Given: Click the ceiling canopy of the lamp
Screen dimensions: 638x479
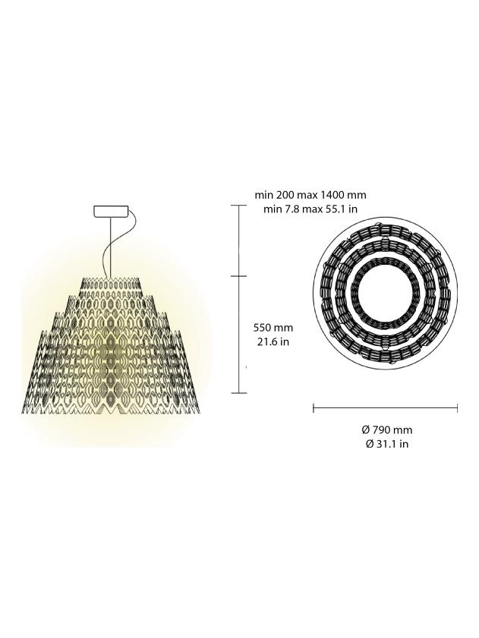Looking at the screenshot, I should coord(111,212).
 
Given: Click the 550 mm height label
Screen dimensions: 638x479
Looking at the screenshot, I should coord(273,328).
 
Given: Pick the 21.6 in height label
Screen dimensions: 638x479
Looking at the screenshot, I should coord(273,341).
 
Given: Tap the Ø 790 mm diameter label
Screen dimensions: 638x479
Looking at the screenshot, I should coord(386,429).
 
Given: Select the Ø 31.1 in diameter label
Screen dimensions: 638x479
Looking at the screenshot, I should coord(386,444).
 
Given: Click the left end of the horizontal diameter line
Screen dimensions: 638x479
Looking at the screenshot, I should coord(314,409).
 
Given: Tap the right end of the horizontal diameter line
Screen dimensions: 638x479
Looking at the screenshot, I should coord(458,409).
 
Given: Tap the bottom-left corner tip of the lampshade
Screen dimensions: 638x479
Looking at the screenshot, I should coord(23,412).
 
